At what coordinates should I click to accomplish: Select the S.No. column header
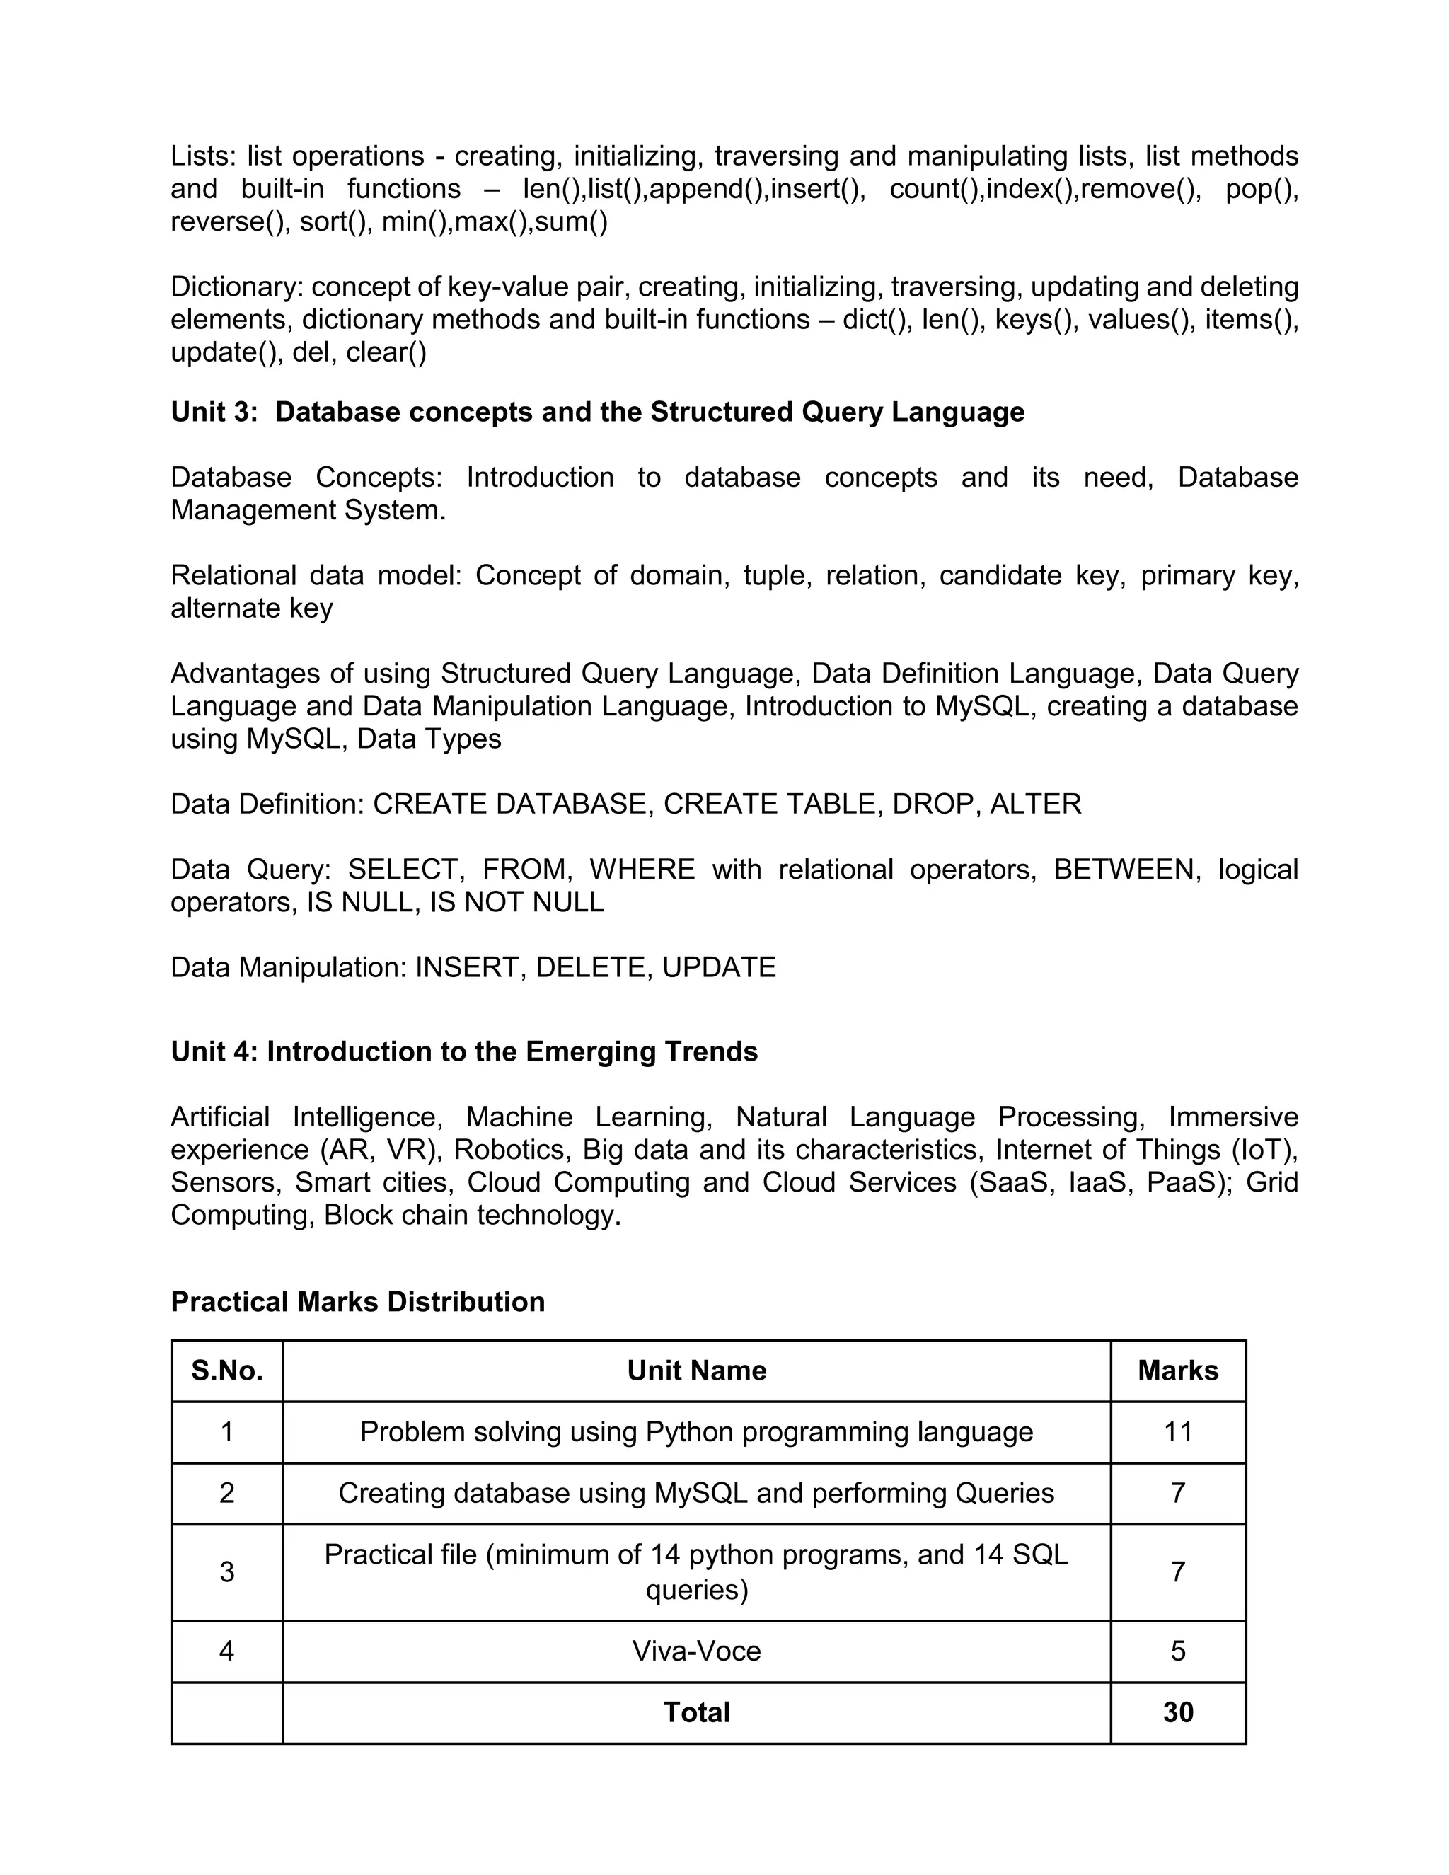tap(226, 1371)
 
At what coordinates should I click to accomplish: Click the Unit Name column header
tap(696, 1371)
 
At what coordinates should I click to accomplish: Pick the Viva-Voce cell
tap(696, 1650)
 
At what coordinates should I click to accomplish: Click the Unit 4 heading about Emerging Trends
tap(463, 1051)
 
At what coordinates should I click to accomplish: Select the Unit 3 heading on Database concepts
tap(597, 412)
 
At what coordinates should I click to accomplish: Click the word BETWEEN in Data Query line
tap(1124, 870)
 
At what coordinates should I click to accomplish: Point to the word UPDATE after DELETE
tap(719, 967)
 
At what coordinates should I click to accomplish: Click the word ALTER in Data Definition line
tap(1035, 804)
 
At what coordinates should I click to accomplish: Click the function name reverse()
tap(226, 221)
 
